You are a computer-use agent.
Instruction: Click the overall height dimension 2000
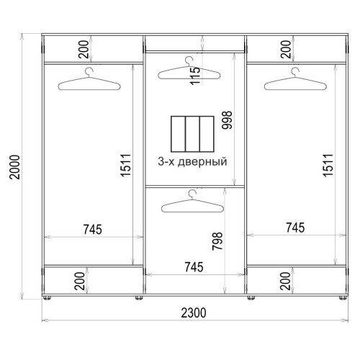[14, 167]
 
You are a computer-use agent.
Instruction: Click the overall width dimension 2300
[194, 313]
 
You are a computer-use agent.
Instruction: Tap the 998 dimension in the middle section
[227, 120]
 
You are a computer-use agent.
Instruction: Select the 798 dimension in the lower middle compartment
[217, 241]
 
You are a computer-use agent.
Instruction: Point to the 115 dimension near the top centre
[195, 75]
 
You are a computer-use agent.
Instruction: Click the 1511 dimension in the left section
[126, 166]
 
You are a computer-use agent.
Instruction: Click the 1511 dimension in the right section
[328, 166]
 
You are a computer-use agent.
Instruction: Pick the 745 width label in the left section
[93, 229]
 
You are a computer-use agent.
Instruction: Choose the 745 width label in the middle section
[194, 267]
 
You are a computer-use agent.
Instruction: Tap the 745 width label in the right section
[295, 228]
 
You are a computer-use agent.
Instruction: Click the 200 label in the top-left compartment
[84, 50]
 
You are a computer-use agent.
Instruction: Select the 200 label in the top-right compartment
[286, 50]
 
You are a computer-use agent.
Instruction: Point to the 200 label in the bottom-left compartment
[80, 281]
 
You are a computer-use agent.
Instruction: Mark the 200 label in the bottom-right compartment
[285, 281]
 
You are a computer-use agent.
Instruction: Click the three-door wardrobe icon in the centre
[192, 134]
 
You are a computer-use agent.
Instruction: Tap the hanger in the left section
[89, 79]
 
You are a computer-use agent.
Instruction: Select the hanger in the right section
[295, 79]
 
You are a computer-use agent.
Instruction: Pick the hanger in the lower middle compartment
[193, 201]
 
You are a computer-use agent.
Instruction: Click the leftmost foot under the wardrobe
[47, 298]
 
